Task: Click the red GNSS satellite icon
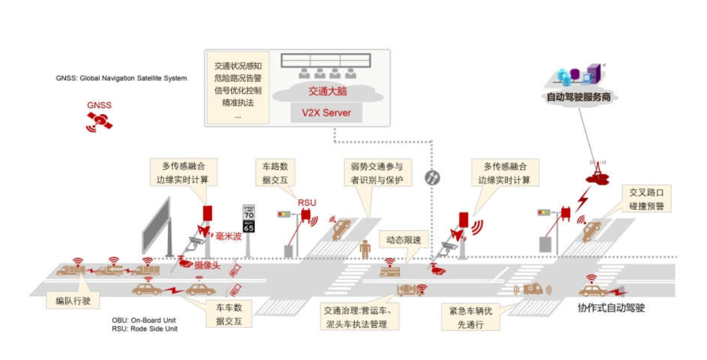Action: click(x=100, y=121)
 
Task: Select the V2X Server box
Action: click(x=326, y=113)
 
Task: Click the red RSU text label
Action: click(x=307, y=203)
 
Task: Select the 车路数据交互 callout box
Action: click(x=275, y=173)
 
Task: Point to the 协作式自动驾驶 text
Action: click(x=611, y=308)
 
